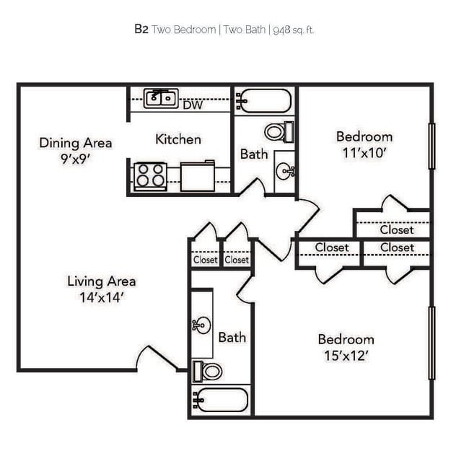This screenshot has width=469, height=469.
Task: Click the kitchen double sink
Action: (161, 98)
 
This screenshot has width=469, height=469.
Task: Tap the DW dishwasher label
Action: (192, 105)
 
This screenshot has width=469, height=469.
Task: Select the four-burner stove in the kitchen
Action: (150, 175)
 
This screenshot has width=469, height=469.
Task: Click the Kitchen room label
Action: (178, 139)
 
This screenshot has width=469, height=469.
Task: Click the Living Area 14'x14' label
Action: (101, 288)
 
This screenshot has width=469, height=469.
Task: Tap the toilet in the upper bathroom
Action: (278, 132)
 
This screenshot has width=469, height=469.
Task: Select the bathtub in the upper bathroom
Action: (264, 100)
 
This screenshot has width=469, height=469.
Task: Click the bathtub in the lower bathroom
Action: (222, 399)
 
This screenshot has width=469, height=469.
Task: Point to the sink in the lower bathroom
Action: (202, 325)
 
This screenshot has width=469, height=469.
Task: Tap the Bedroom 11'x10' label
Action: (364, 144)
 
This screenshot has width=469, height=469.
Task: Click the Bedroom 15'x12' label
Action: (346, 347)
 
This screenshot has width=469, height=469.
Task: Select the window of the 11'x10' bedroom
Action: (431, 146)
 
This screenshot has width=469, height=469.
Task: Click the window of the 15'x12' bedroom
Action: (431, 343)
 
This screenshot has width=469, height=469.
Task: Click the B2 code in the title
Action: (141, 30)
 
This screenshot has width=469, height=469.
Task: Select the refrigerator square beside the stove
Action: (198, 176)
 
